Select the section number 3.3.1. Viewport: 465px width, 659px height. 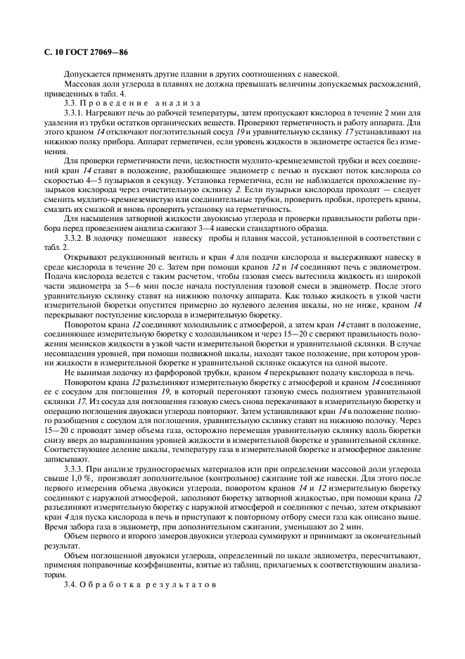(x=75, y=112)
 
